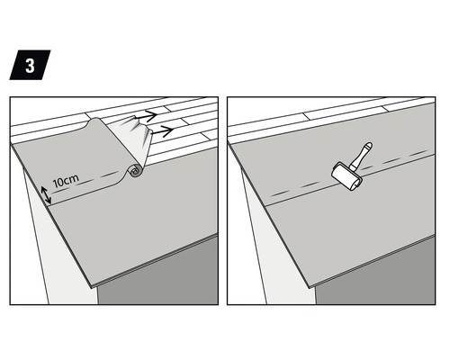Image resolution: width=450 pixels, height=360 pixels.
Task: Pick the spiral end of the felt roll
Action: [135, 169]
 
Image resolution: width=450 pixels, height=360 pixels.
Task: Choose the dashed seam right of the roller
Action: [396, 161]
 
